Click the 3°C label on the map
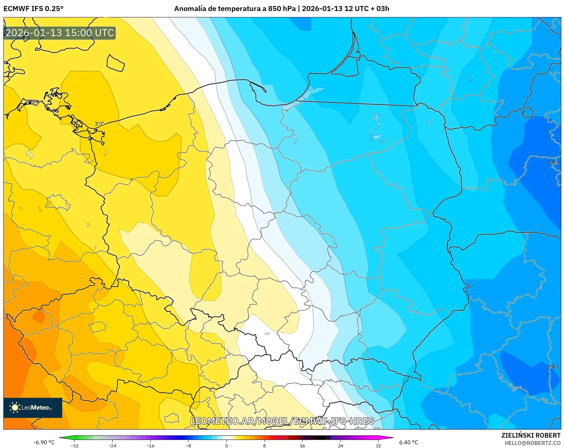[x=99, y=124]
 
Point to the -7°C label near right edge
[x=552, y=163]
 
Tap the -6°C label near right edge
[x=552, y=367]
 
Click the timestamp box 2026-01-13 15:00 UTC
[x=60, y=33]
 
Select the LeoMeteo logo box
[x=33, y=408]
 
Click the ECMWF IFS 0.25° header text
[x=33, y=9]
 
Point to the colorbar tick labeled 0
[x=227, y=445]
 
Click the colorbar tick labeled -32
[x=75, y=445]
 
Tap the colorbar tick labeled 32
[x=378, y=445]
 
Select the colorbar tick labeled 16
[x=302, y=445]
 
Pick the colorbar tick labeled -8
[x=189, y=445]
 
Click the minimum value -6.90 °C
[x=44, y=442]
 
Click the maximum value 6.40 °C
[x=409, y=442]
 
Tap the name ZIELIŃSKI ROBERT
[x=531, y=435]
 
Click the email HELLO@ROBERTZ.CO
[x=532, y=443]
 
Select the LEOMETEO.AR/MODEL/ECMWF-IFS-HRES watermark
[x=282, y=421]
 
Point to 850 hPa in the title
[x=282, y=9]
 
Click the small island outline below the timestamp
[x=115, y=63]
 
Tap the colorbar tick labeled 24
[x=340, y=445]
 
